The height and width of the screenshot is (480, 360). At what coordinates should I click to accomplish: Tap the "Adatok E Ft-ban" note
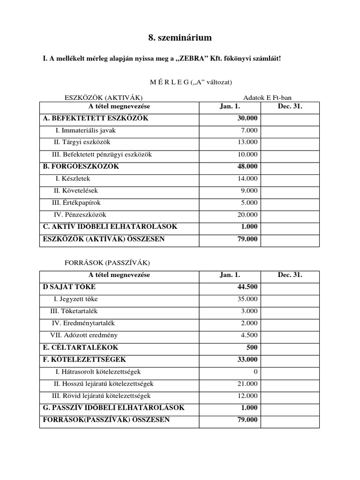click(267, 97)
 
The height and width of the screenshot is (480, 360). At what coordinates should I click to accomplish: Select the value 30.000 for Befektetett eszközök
click(247, 118)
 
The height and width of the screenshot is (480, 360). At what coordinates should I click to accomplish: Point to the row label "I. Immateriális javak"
click(85, 130)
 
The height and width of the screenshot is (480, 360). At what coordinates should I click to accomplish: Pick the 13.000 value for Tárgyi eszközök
click(247, 142)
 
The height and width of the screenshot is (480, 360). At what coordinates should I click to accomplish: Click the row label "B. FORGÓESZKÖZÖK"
click(81, 166)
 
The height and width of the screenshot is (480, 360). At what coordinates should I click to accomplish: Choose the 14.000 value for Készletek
click(247, 179)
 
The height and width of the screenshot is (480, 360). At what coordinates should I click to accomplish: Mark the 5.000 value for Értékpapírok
click(249, 203)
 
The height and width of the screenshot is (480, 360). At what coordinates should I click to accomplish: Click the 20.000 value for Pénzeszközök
click(247, 215)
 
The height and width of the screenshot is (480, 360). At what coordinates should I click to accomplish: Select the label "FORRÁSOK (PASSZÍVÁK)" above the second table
click(107, 262)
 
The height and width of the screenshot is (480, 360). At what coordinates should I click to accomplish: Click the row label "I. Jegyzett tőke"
click(76, 299)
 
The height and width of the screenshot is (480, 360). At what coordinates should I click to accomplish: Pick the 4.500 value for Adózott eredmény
click(249, 335)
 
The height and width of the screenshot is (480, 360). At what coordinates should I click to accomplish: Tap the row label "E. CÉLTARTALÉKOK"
click(80, 347)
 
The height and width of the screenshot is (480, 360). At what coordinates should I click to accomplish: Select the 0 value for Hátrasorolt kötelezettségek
click(255, 372)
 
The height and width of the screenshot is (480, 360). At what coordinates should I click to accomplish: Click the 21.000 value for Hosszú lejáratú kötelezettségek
click(247, 383)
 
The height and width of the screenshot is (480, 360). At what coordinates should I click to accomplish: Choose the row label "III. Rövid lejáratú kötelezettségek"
click(101, 396)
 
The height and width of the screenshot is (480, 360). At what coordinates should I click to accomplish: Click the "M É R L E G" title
click(169, 82)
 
